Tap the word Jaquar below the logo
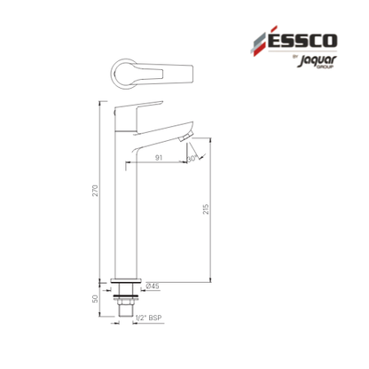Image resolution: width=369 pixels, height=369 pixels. tap(317, 60)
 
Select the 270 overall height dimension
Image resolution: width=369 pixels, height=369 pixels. tap(95, 191)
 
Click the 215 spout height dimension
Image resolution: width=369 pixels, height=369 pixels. tap(206, 208)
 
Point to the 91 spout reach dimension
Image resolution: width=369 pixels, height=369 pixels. tap(159, 158)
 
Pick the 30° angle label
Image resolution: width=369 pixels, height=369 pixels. tap(192, 159)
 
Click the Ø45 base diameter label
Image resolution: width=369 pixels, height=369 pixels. tap(153, 286)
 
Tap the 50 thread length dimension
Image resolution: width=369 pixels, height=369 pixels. tap(95, 299)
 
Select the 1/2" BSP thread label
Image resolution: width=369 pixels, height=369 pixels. tap(148, 318)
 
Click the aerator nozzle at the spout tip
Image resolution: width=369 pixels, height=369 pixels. tap(186, 137)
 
